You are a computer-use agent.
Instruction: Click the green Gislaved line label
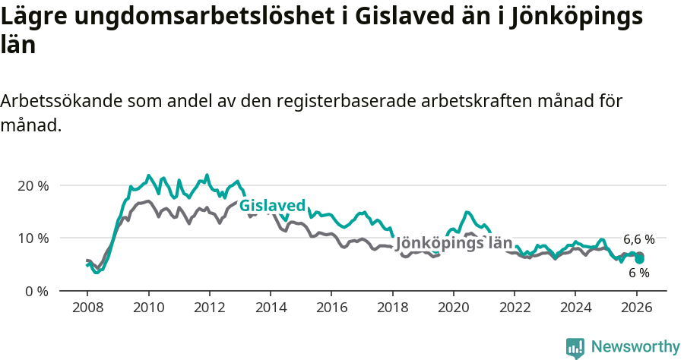[x=272, y=206]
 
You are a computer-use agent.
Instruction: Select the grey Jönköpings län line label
[x=454, y=244]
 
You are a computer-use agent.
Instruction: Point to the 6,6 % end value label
[x=639, y=238]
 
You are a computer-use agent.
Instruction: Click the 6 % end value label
[x=639, y=273]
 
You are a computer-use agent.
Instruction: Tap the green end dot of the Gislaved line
[x=640, y=259]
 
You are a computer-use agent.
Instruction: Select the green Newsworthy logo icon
[x=575, y=348]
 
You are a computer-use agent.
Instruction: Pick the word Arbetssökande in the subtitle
[x=62, y=101]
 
